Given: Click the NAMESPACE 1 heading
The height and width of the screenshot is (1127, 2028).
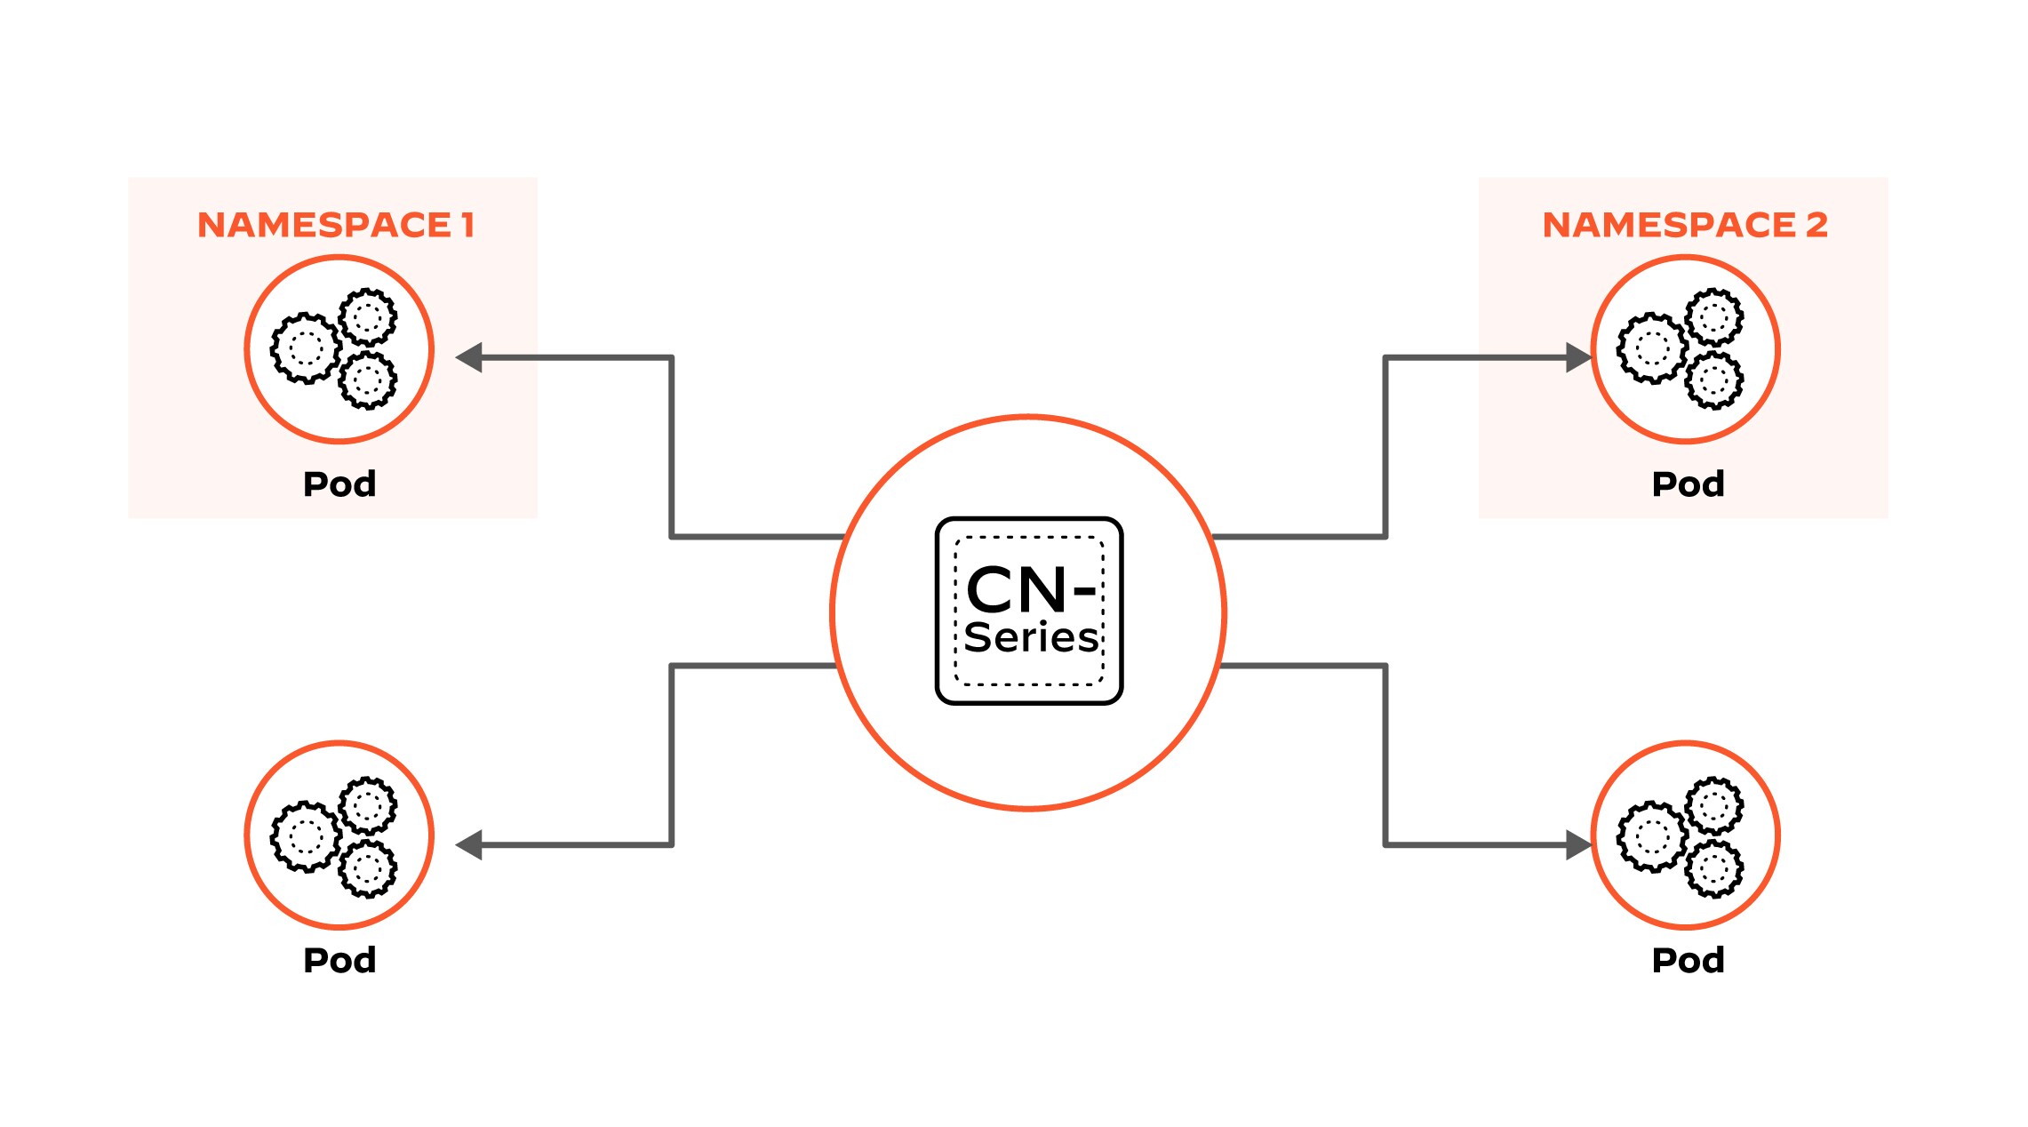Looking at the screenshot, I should (x=335, y=225).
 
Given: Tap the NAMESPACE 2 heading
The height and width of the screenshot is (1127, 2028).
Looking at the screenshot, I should (x=1684, y=225).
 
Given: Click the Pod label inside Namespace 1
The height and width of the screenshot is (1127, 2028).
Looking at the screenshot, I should (x=339, y=484).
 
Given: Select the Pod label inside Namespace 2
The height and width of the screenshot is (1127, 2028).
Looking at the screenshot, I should (x=1688, y=484).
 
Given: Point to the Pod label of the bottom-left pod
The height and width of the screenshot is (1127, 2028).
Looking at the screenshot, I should (x=339, y=961).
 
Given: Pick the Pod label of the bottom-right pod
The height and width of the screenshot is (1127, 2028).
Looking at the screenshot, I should (x=1688, y=961).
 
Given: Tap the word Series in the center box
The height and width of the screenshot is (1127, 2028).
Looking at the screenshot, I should (x=1031, y=638).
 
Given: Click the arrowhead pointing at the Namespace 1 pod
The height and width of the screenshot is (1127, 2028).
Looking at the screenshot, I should (x=469, y=357).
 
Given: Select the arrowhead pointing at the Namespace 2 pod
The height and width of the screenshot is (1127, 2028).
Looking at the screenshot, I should (x=1577, y=357).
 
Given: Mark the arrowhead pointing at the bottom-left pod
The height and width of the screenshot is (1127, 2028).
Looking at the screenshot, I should (x=469, y=844).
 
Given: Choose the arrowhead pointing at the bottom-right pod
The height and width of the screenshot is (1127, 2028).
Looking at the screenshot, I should (x=1577, y=844).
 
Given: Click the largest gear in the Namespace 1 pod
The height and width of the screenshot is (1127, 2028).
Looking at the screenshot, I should (x=305, y=348).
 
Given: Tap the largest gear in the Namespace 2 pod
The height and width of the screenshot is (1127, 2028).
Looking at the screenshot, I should (x=1651, y=348).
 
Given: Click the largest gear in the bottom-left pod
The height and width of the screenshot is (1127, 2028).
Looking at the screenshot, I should (x=305, y=836).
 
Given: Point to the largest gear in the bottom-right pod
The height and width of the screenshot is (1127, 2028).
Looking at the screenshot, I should (x=1651, y=836).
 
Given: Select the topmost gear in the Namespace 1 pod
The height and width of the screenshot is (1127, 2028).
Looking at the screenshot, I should (x=368, y=316).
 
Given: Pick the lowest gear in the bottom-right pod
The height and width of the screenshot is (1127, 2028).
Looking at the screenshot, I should (x=1714, y=868).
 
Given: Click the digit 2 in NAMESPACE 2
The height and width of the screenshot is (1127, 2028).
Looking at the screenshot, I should (x=1816, y=225).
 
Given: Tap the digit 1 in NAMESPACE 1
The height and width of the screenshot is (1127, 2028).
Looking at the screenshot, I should (x=468, y=225).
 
